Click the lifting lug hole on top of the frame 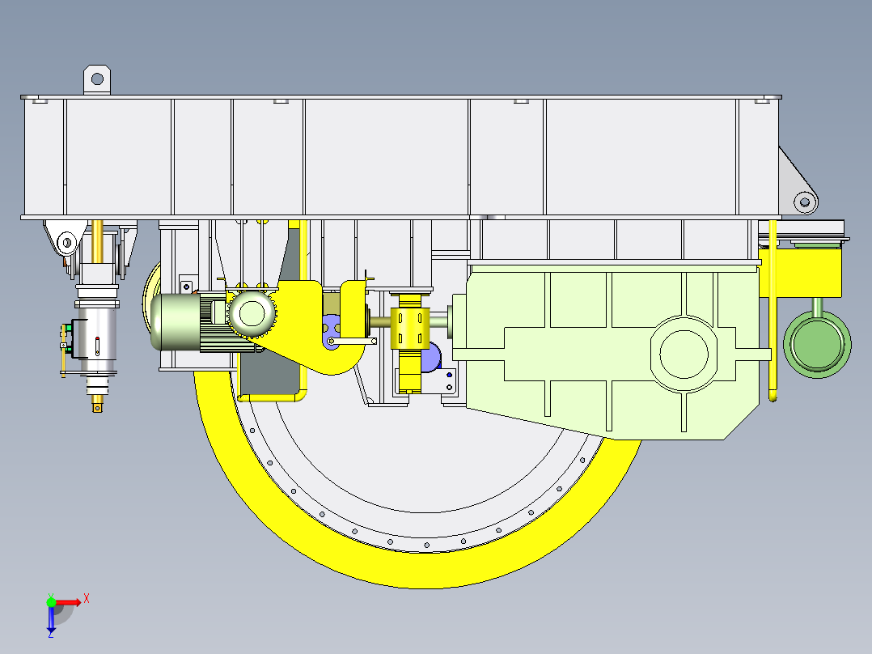click(x=97, y=79)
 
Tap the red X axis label click(x=87, y=599)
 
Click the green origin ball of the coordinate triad click(x=51, y=602)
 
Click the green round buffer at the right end click(x=817, y=344)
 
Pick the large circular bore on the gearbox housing click(x=684, y=354)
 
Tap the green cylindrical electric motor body click(x=177, y=321)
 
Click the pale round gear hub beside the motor click(x=252, y=312)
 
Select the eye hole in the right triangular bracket click(x=805, y=202)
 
